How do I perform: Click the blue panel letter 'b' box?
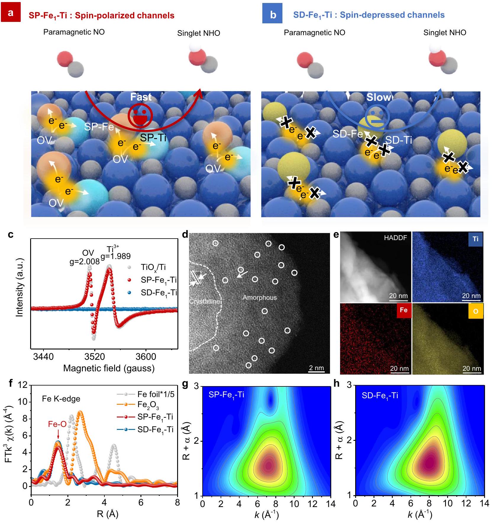[x=272, y=14]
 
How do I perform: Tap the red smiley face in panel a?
[x=140, y=116]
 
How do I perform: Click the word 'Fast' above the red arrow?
[x=141, y=97]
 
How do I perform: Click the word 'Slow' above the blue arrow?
[x=378, y=97]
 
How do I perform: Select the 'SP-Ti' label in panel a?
[x=153, y=137]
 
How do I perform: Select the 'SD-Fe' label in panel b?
[x=347, y=134]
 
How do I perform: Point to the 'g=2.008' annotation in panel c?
[x=84, y=262]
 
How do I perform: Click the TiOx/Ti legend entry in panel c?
[x=153, y=267]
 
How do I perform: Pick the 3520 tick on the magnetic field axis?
[x=95, y=357]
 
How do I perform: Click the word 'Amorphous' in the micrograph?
[x=260, y=297]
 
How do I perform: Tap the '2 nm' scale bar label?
[x=316, y=368]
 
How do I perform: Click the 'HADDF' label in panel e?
[x=395, y=238]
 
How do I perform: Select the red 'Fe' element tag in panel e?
[x=404, y=310]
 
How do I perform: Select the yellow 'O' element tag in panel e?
[x=476, y=311]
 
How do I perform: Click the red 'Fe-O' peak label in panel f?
[x=57, y=424]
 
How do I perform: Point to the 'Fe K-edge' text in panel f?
[x=61, y=399]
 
